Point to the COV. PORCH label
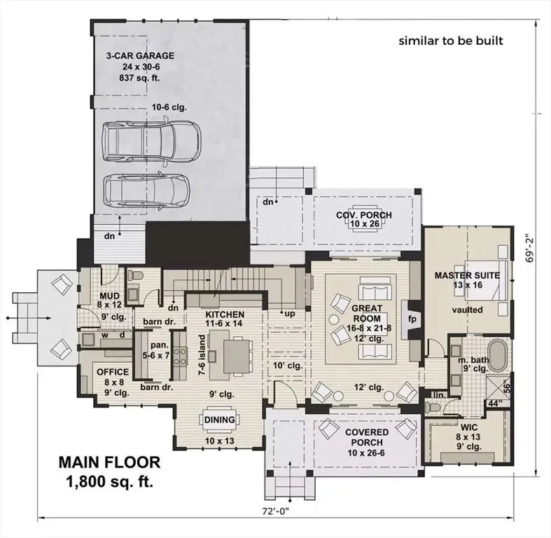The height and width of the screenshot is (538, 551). pos(363,214)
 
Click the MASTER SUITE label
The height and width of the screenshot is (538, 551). pos(467,275)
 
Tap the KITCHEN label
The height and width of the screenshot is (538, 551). pos(225,315)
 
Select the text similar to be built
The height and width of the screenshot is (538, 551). pos(451,40)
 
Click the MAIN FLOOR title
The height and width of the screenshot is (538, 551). pos(109,462)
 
